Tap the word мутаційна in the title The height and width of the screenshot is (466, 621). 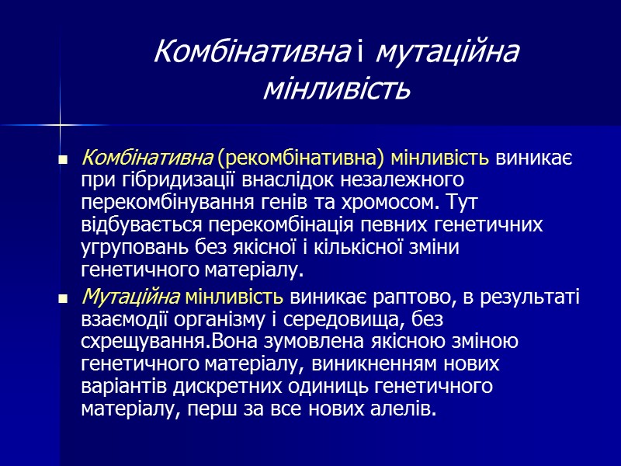(446, 52)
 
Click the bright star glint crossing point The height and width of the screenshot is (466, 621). (60, 123)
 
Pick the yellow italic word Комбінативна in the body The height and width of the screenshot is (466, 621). (147, 158)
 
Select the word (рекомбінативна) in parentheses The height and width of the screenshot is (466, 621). (301, 158)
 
